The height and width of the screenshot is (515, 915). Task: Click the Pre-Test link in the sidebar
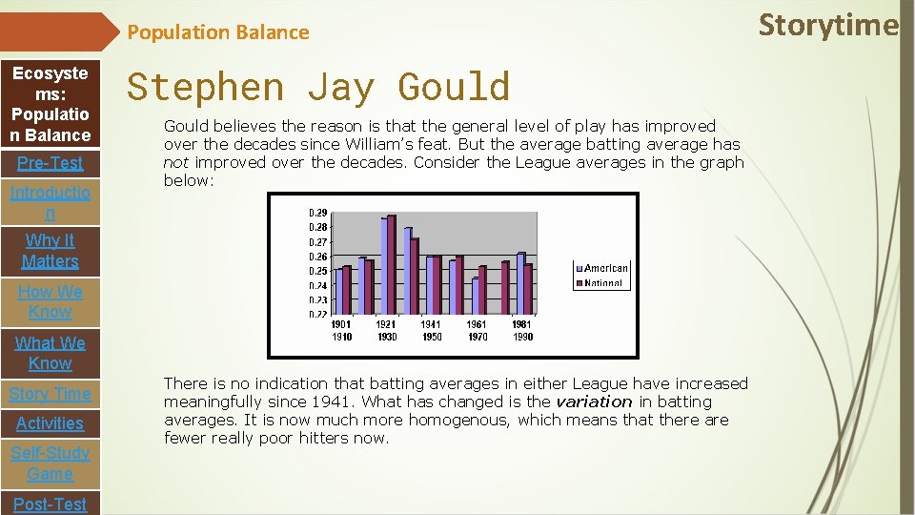51,163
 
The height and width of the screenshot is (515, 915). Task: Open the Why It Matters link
51,251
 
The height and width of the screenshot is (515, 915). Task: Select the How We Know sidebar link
51,301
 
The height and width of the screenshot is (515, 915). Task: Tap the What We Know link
51,353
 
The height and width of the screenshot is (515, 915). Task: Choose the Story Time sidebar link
51,394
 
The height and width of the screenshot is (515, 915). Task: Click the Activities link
51,423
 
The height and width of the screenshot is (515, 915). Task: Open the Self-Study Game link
51,463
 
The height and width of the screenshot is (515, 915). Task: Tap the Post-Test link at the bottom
51,504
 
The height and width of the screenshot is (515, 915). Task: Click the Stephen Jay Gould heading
318,87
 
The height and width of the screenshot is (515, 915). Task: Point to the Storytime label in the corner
827,25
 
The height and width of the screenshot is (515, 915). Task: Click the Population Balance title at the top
218,32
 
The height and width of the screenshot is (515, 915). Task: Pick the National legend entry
603,283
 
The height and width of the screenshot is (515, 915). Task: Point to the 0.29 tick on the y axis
317,213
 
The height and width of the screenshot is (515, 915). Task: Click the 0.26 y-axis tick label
317,257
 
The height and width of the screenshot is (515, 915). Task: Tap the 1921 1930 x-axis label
386,331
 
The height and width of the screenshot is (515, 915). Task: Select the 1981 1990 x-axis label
522,331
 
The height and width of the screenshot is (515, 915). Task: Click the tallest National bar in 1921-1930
391,266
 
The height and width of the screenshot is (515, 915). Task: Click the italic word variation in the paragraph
594,402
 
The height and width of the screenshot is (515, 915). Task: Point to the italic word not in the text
175,162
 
